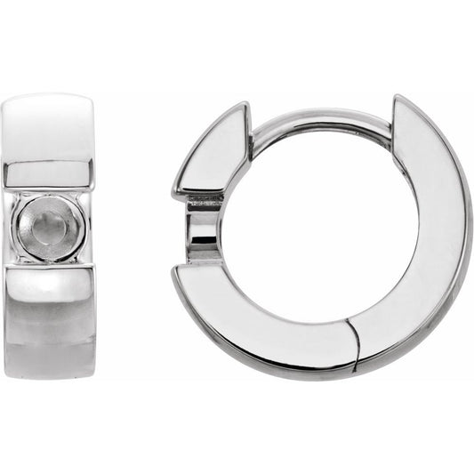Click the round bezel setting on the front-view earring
point(48,228)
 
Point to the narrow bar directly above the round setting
point(48,174)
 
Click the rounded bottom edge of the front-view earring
point(48,372)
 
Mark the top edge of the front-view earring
point(48,96)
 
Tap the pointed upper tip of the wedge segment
point(243,108)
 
